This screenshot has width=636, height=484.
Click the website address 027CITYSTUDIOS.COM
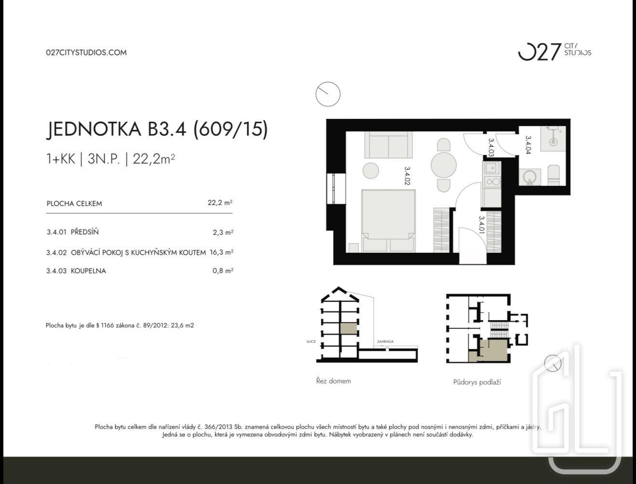(86, 52)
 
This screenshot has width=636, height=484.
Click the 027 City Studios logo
(555, 52)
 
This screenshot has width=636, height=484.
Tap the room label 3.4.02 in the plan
(407, 176)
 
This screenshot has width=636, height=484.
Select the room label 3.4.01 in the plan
(481, 225)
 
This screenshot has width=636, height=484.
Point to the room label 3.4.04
(528, 145)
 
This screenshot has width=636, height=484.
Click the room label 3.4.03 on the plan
(491, 147)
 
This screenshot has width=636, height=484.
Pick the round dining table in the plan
(444, 165)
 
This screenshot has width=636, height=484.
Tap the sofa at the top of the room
(388, 145)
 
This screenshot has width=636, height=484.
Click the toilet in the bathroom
(554, 175)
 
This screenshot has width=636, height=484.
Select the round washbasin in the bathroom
(530, 177)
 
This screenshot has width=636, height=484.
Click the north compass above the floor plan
(328, 94)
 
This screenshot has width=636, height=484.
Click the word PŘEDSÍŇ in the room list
(85, 232)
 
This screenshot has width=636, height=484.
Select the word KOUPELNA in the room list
(88, 271)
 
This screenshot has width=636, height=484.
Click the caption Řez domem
(333, 381)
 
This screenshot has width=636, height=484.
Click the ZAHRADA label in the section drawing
(385, 341)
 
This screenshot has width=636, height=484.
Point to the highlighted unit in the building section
(348, 329)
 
